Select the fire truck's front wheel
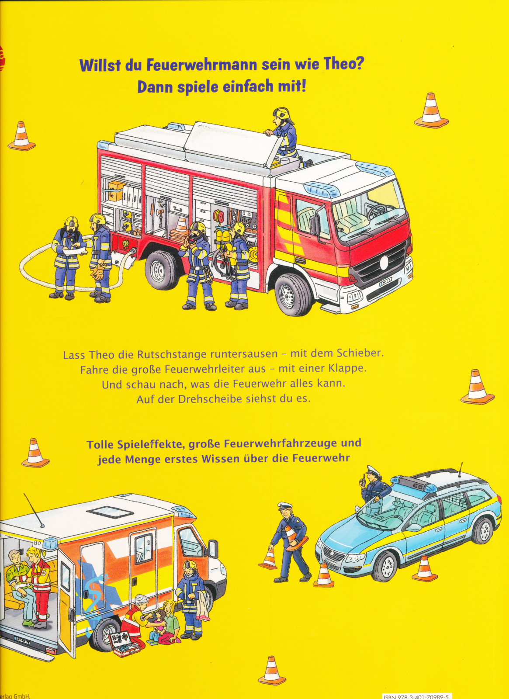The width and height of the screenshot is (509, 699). [x=292, y=294]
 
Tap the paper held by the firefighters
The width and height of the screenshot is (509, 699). [x=75, y=249]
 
